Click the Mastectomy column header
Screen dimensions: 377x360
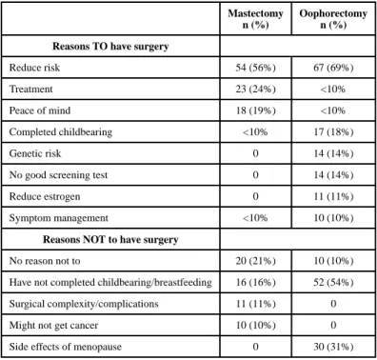[255, 19]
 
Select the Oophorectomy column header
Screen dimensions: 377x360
[333, 19]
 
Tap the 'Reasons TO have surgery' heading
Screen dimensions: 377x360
[110, 47]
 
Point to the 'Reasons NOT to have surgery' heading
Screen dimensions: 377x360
[110, 239]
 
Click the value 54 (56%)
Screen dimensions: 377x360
[255, 68]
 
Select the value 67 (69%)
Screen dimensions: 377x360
[333, 68]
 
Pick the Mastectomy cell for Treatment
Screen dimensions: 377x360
[255, 89]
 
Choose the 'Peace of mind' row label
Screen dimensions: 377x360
[40, 110]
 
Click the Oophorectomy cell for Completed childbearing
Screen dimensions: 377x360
[333, 132]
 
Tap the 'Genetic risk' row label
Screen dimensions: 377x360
[35, 153]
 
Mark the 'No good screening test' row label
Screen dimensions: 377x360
[58, 175]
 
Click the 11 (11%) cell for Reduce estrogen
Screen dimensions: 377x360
[333, 196]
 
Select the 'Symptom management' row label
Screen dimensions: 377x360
[59, 218]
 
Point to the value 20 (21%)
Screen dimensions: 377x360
[255, 261]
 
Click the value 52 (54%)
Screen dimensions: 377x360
[333, 282]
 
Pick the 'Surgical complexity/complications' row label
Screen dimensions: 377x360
[84, 304]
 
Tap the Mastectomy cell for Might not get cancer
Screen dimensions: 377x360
[255, 326]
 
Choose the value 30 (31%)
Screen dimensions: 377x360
[333, 347]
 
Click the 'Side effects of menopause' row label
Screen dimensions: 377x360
[66, 347]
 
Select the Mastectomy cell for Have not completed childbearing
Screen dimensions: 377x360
[255, 282]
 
